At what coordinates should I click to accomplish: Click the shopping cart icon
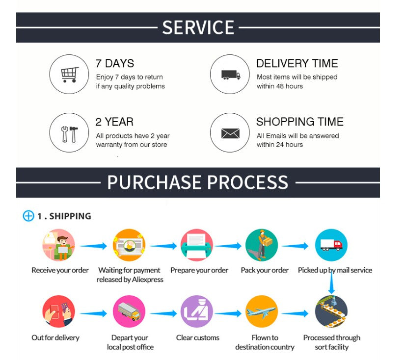click(x=70, y=75)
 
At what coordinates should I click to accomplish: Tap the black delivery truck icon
click(x=230, y=75)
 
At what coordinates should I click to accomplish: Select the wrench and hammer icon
click(x=69, y=134)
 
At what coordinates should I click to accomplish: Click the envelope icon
click(x=230, y=133)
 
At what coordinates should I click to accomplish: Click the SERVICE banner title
click(x=198, y=27)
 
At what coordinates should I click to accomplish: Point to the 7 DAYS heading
click(x=115, y=64)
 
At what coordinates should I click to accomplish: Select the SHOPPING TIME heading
click(x=300, y=122)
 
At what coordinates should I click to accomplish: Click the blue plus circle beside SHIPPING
click(x=28, y=216)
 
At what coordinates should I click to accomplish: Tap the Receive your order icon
click(x=58, y=245)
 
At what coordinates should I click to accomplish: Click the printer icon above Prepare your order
click(x=197, y=245)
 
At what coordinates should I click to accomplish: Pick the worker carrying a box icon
click(x=262, y=245)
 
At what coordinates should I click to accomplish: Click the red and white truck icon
click(x=331, y=245)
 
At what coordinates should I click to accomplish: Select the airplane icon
click(x=262, y=311)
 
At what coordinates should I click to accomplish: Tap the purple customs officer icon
click(x=197, y=311)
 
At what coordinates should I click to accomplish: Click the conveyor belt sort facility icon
click(x=331, y=311)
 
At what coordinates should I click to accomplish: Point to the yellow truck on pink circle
click(x=129, y=311)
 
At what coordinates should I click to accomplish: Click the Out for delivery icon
click(x=58, y=311)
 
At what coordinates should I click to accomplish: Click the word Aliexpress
click(x=148, y=280)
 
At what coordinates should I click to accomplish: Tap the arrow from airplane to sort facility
click(x=295, y=313)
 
